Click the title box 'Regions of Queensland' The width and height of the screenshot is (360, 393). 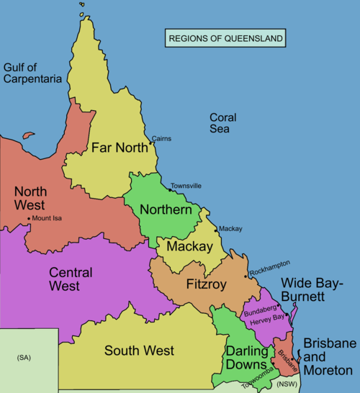coord(225,38)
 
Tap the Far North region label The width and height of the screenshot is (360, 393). coord(120,148)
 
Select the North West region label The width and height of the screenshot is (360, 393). coord(30,199)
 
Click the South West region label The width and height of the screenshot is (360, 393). coord(139,351)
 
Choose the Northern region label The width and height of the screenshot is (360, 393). coord(166,210)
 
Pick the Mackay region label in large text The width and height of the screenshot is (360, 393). coord(189,247)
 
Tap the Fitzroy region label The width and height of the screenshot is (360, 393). coord(206,284)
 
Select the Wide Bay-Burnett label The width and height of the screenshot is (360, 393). coord(313,289)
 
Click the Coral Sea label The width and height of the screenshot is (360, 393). coord(219,123)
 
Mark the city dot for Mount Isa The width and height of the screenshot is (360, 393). coord(28,219)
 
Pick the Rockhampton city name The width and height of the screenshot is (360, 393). coord(270,264)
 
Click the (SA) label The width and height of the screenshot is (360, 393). coord(24,358)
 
